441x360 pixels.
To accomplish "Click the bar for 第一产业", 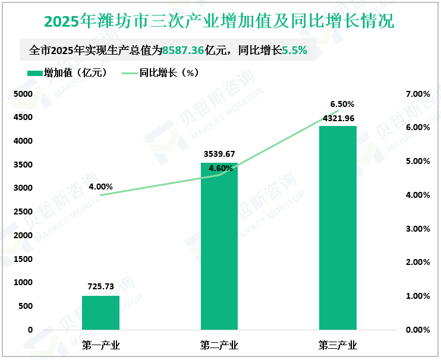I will (100, 312).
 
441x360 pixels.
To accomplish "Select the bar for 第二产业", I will (219, 247).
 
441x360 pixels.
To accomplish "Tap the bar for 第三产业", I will (338, 228).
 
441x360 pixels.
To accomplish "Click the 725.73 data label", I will (100, 287).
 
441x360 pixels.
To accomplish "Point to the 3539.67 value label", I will (219, 153).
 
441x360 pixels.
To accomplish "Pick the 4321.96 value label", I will (338, 118).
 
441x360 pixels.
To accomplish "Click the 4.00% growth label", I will (100, 187).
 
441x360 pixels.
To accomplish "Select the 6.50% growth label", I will (342, 104).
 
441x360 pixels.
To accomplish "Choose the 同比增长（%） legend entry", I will (160, 73).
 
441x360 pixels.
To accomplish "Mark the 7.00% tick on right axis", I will (417, 94).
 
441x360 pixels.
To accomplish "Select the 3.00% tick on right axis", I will (417, 229).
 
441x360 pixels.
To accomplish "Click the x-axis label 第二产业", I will (219, 345).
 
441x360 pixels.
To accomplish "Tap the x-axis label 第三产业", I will (338, 345).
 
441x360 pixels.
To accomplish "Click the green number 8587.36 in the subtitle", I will (183, 50).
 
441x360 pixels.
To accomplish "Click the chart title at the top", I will (219, 22).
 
